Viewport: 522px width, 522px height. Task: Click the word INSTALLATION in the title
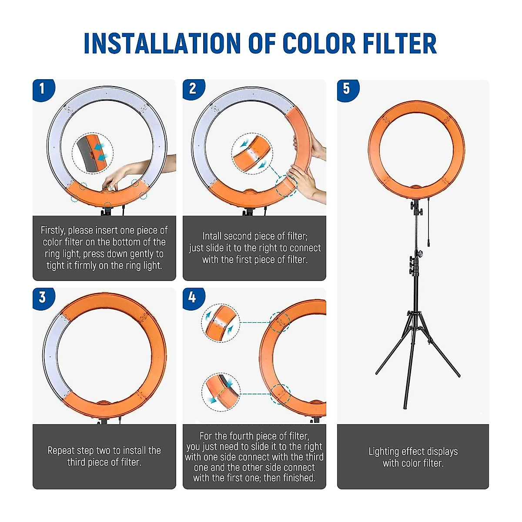162,43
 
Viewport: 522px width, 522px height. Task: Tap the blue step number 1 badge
43,90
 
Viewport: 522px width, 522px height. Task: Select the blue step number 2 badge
194,89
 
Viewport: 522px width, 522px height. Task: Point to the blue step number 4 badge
194,298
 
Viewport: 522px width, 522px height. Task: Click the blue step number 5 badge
348,90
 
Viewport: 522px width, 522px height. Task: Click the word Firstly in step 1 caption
53,231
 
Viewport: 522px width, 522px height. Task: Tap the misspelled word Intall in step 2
212,236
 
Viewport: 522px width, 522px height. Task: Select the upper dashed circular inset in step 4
221,323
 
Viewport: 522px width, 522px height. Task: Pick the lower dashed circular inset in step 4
221,392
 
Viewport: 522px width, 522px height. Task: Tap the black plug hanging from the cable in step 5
428,241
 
